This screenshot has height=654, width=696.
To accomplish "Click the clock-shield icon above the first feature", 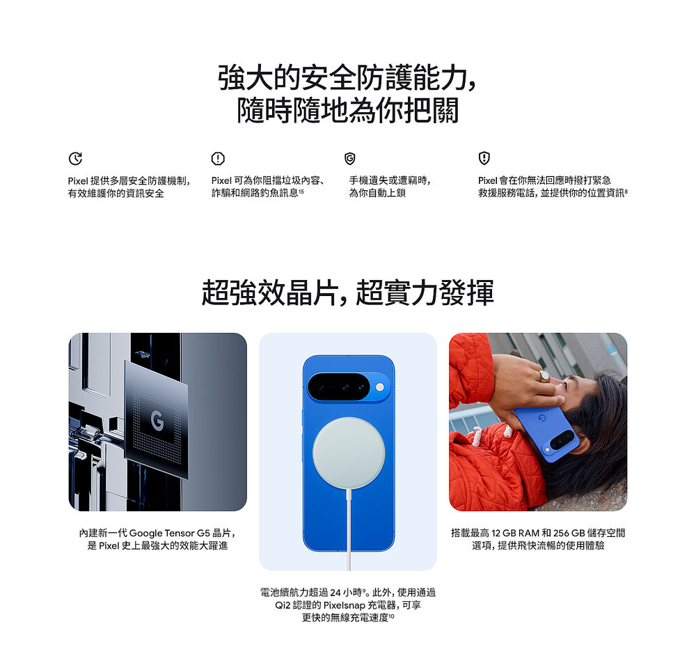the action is click(x=75, y=158).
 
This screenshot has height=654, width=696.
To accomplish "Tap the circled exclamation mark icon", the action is click(x=218, y=158).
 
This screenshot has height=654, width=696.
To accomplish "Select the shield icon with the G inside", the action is click(x=350, y=159).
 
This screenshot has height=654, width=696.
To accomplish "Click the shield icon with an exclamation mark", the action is click(x=484, y=158).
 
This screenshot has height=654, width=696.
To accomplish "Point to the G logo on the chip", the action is click(x=157, y=421).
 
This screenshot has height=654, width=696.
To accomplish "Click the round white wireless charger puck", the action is click(x=349, y=453).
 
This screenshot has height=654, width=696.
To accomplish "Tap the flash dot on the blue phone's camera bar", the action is click(x=379, y=387).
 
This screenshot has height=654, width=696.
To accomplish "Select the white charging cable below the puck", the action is click(x=349, y=529).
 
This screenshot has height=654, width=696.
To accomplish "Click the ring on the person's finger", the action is click(x=544, y=376).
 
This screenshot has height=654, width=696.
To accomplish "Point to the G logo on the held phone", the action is click(x=541, y=418).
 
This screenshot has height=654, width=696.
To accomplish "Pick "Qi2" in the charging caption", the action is click(x=283, y=605).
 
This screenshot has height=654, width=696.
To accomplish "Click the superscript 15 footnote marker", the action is click(x=301, y=191).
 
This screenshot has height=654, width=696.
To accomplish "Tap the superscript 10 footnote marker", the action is click(x=391, y=616).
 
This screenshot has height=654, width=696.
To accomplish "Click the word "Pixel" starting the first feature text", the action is click(x=78, y=181).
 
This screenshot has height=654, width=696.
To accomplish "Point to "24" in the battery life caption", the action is click(x=335, y=593).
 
